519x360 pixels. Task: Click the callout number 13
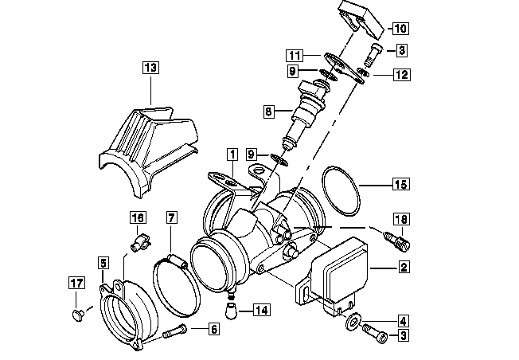[150, 68]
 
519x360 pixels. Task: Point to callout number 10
[399, 29]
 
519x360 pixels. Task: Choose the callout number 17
[76, 283]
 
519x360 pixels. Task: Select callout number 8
[269, 112]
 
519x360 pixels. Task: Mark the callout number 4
[403, 321]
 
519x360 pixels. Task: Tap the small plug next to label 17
[77, 315]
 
